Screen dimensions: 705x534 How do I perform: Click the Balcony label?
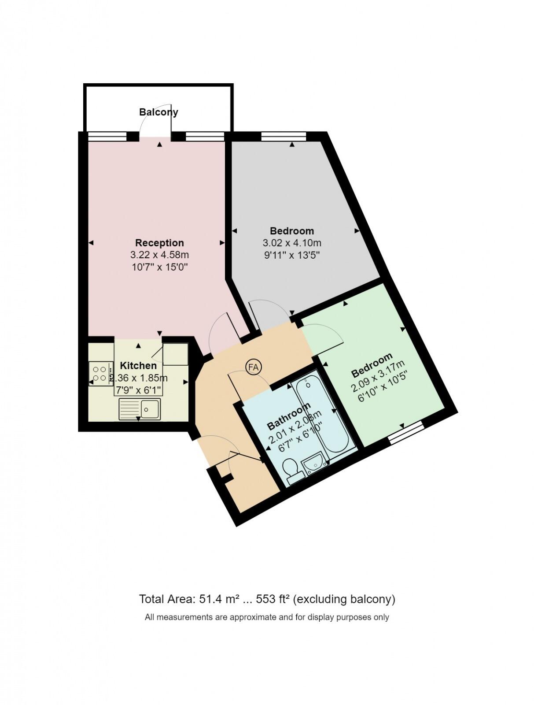pyautogui.click(x=158, y=112)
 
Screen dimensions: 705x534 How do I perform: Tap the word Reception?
pyautogui.click(x=159, y=243)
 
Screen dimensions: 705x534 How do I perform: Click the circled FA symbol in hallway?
pyautogui.click(x=254, y=367)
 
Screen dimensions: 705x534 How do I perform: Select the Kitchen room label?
pyautogui.click(x=138, y=366)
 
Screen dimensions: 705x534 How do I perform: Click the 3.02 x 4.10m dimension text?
pyautogui.click(x=292, y=243)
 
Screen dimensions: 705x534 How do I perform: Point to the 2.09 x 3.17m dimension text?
pyautogui.click(x=378, y=377)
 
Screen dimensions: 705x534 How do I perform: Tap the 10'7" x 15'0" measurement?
pyautogui.click(x=159, y=267)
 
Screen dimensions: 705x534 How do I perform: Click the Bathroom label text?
pyautogui.click(x=289, y=416)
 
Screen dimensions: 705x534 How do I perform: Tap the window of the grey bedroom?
pyautogui.click(x=283, y=137)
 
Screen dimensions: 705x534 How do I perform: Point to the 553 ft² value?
pyautogui.click(x=272, y=599)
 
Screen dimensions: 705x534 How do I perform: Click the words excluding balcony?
pyautogui.click(x=344, y=599)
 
